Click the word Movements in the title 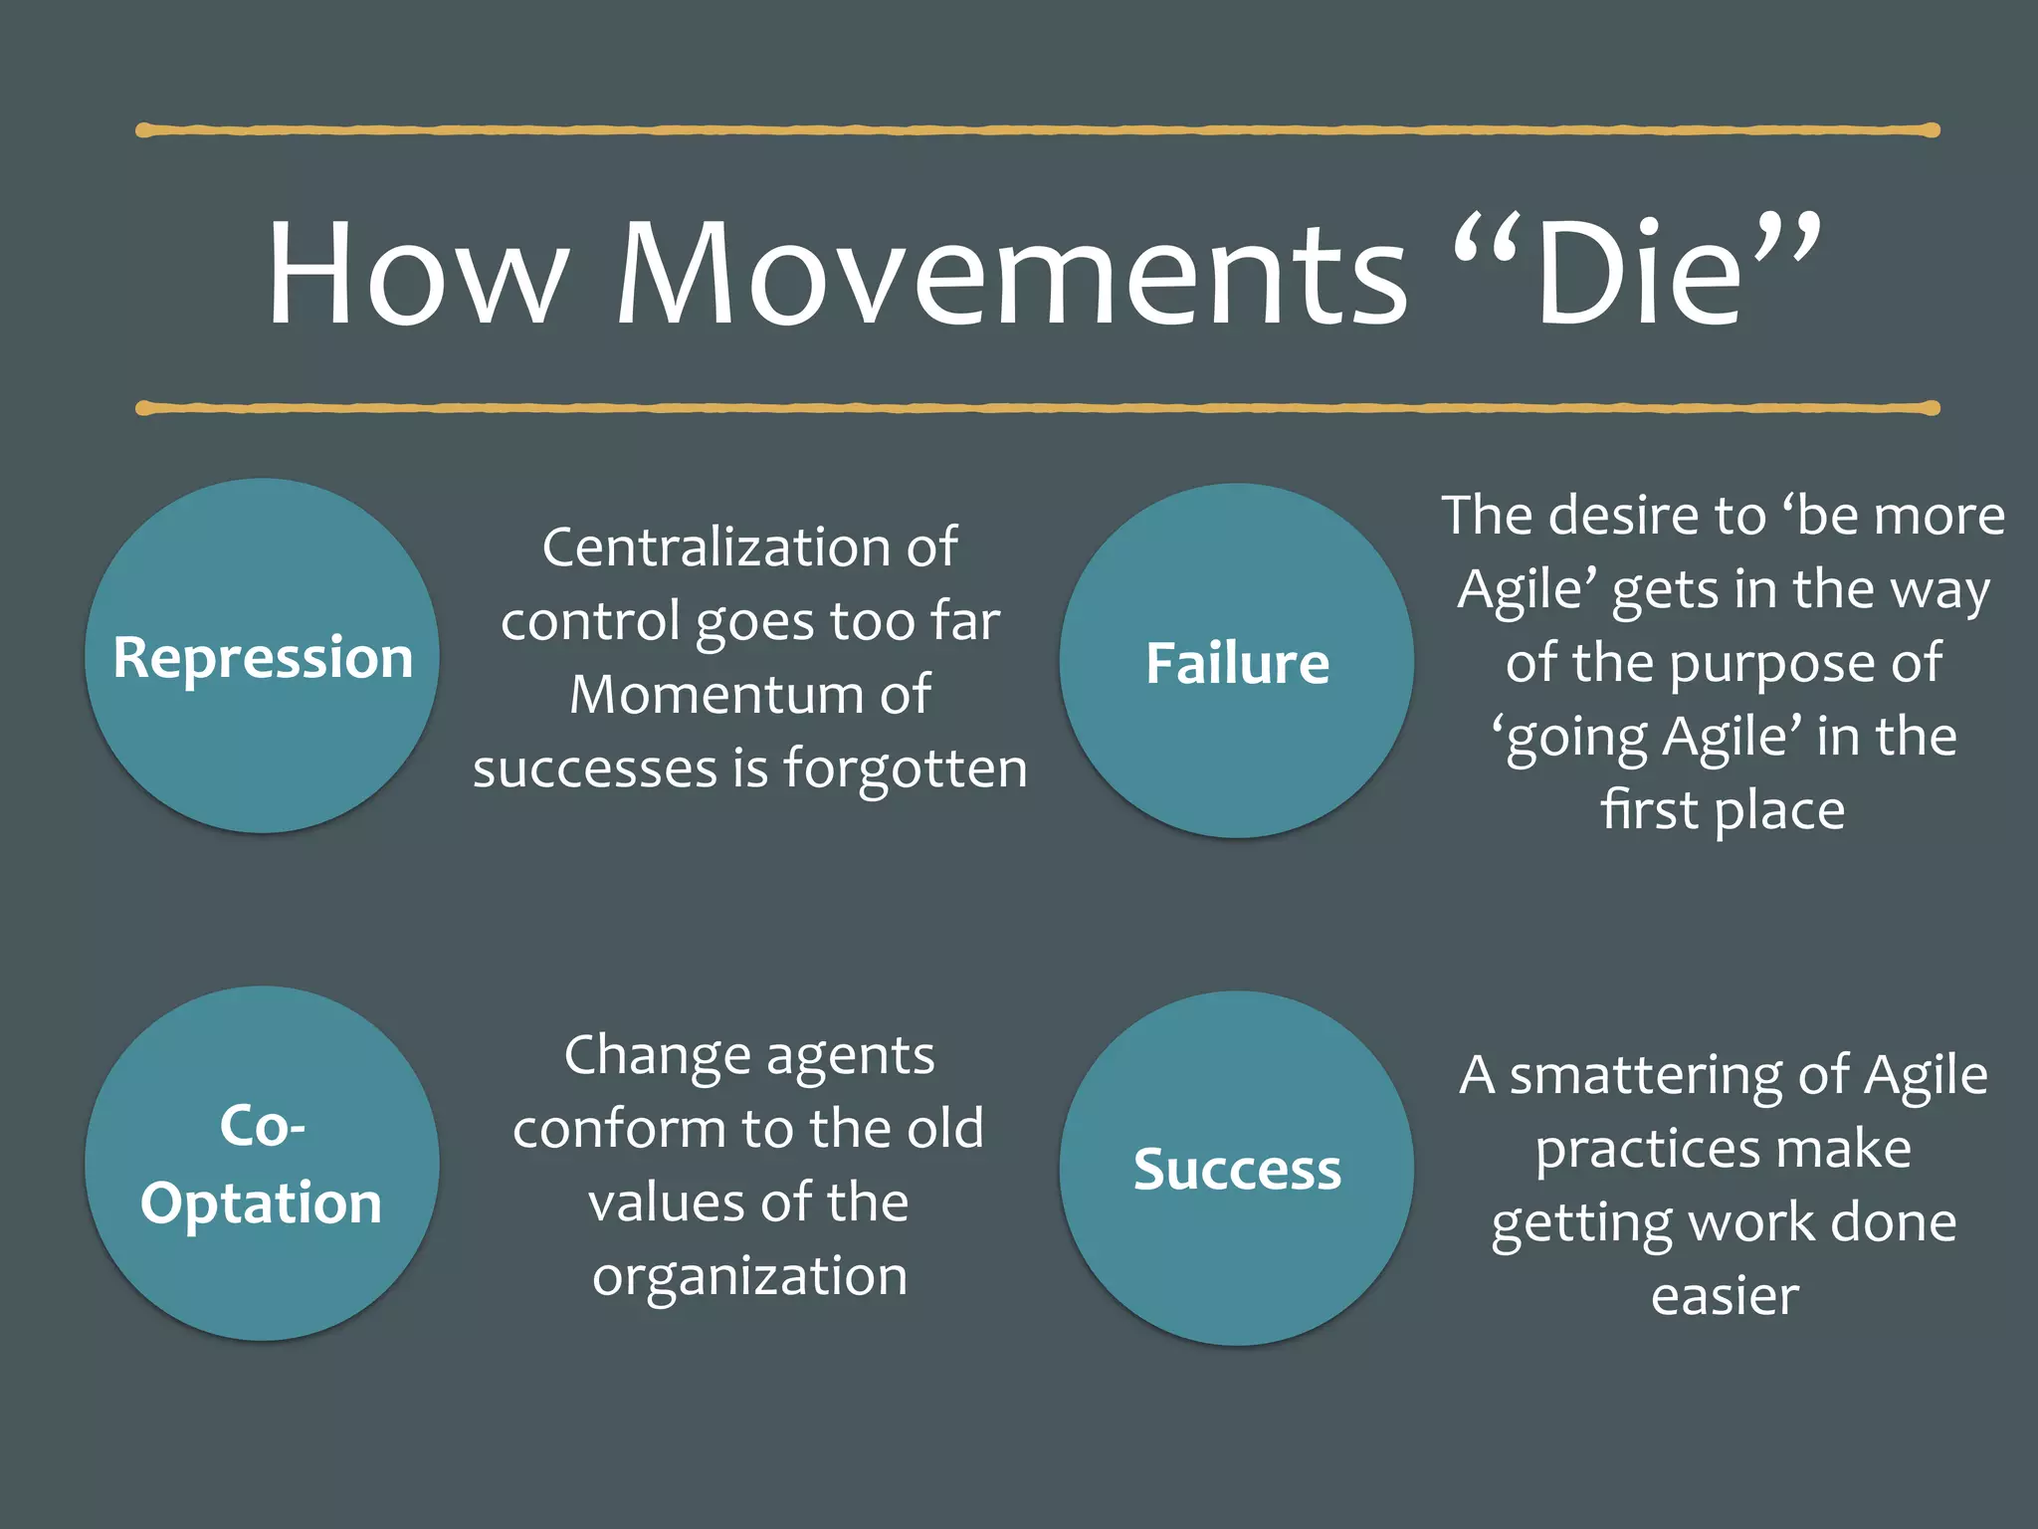click(1010, 274)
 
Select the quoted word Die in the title click(1637, 274)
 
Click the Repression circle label click(263, 658)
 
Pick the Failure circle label click(1237, 664)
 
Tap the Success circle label click(1237, 1169)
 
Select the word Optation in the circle click(262, 1202)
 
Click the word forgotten click(905, 768)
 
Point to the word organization click(749, 1277)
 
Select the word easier click(1725, 1296)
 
